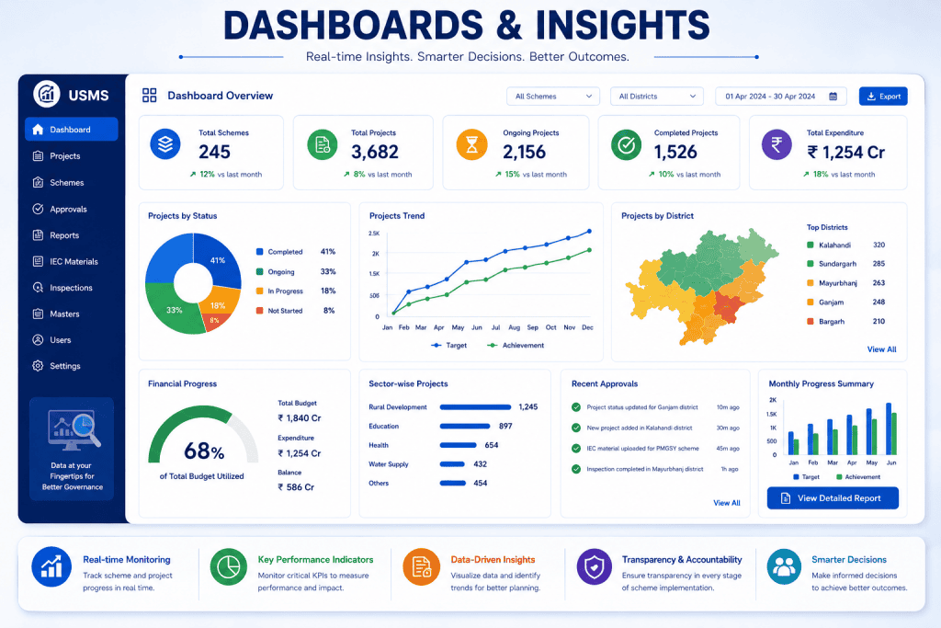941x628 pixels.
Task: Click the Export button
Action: pyautogui.click(x=883, y=96)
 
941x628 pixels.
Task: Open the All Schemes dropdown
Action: pyautogui.click(x=552, y=96)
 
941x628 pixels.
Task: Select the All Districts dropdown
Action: pyautogui.click(x=656, y=96)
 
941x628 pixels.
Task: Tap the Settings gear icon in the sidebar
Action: pyautogui.click(x=38, y=366)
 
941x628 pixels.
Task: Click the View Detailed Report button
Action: pyautogui.click(x=833, y=497)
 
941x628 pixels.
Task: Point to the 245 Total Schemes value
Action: pyautogui.click(x=214, y=152)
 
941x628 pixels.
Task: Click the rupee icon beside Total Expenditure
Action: pyautogui.click(x=777, y=144)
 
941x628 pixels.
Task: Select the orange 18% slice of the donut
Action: pyautogui.click(x=219, y=300)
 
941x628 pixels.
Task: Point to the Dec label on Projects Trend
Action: pyautogui.click(x=587, y=327)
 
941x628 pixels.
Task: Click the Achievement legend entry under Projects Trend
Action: pyautogui.click(x=516, y=345)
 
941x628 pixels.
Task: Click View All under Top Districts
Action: pyautogui.click(x=881, y=348)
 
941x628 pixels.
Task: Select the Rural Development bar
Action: pyautogui.click(x=475, y=407)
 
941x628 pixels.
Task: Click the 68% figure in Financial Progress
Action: pyautogui.click(x=204, y=451)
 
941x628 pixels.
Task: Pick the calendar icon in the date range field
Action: pyautogui.click(x=833, y=96)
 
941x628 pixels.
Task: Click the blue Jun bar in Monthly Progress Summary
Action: pyautogui.click(x=889, y=428)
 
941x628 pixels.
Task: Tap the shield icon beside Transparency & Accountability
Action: pyautogui.click(x=595, y=566)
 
